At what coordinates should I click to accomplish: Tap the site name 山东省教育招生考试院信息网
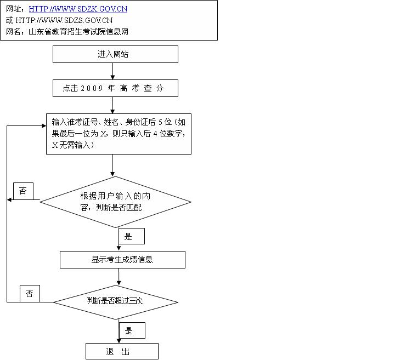78,32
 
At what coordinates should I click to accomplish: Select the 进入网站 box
115,54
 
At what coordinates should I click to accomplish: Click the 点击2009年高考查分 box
115,88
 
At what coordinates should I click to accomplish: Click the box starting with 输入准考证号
119,134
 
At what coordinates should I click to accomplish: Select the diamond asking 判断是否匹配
115,201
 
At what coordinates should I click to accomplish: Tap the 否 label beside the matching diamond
22,191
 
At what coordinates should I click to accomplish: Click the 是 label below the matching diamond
131,237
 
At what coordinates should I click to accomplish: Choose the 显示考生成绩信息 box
122,260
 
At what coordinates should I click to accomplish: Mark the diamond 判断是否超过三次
115,301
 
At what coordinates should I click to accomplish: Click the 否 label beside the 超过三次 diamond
30,294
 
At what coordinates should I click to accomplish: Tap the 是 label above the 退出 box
132,331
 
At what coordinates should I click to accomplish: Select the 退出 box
122,351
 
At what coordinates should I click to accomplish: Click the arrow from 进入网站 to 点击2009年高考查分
112,71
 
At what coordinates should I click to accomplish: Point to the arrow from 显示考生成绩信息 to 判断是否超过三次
117,277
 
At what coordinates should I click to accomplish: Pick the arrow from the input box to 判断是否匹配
112,165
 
